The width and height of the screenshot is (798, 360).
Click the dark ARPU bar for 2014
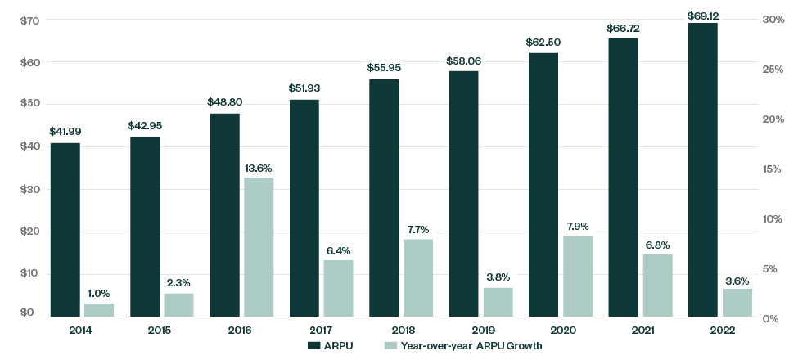coord(65,230)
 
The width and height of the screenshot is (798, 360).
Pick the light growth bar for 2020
coord(577,276)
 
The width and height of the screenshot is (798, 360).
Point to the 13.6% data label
coord(258,168)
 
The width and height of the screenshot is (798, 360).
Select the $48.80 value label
coord(225,103)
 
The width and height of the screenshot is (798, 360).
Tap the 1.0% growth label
coord(99,293)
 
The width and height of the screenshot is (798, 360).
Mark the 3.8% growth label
coord(498,277)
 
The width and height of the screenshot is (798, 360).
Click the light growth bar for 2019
coord(498,302)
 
